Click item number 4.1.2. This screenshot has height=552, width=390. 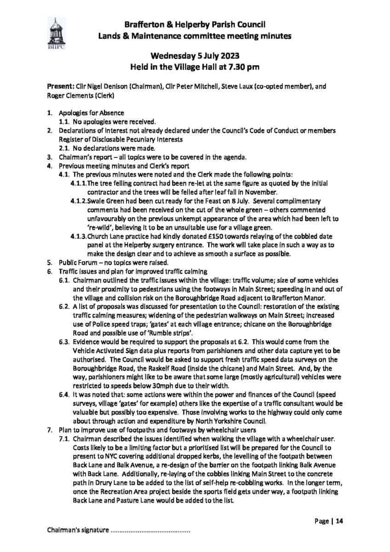point(78,201)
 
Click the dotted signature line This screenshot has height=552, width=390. point(150,531)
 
